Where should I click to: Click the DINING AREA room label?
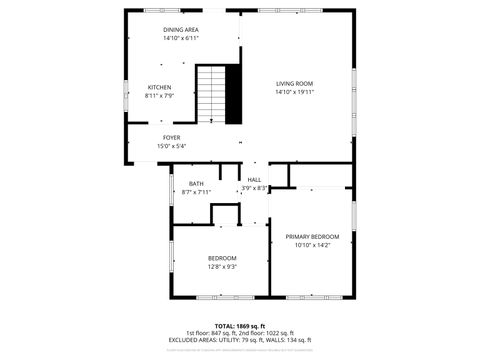pos(181,30)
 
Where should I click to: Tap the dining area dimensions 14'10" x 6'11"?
pos(181,38)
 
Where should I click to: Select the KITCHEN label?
pos(160,88)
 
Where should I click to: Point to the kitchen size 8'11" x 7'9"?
pos(160,96)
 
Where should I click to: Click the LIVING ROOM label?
pos(295,83)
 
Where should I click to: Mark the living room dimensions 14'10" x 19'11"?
pos(295,91)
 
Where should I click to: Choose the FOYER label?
pos(171,137)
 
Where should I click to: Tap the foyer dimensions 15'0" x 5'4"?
pos(171,146)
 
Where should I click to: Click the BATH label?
pos(196,183)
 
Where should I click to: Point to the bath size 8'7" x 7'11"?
pos(196,191)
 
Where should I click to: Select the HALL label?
pos(254,179)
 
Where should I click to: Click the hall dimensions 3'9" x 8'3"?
pos(254,187)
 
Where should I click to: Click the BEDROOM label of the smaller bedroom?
pos(222,258)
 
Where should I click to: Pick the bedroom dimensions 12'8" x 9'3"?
pos(222,266)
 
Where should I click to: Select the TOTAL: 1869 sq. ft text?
pos(240,326)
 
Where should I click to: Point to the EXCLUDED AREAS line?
pos(240,341)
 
